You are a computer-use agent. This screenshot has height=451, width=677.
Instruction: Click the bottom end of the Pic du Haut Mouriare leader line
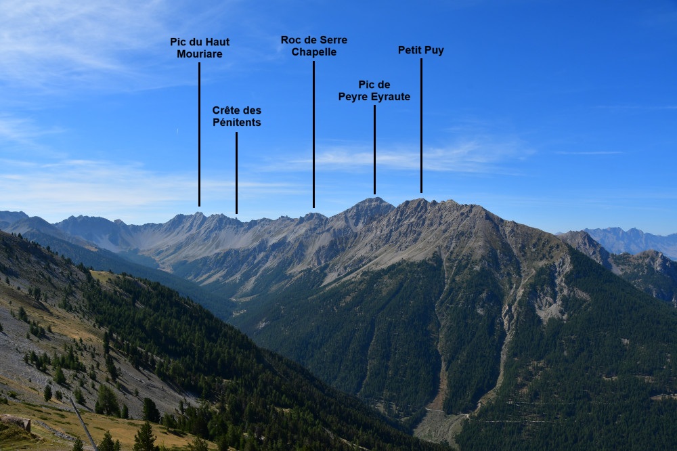[x=199, y=206]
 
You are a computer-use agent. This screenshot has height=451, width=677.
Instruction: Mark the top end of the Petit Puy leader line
[x=421, y=59]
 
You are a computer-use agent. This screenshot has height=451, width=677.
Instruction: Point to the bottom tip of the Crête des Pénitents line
[x=236, y=213]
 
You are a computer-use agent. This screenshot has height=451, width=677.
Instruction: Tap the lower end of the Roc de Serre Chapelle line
[x=313, y=207]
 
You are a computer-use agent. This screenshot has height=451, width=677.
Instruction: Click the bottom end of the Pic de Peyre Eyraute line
[x=374, y=194]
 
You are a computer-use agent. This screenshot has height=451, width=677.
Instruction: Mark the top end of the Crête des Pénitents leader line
[x=236, y=132]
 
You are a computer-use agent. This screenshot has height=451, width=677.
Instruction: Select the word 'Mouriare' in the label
[x=200, y=54]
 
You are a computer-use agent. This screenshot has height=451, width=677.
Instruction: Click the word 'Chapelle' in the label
[x=314, y=52]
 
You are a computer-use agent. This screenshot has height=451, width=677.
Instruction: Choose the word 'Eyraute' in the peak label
[x=391, y=97]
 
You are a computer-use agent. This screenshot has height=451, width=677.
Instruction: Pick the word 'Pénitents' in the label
[x=236, y=123]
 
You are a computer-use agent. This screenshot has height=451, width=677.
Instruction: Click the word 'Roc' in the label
[x=290, y=40]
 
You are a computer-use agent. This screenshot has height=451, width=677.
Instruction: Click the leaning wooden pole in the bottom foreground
[x=83, y=423]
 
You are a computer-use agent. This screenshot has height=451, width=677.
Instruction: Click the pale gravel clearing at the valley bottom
[x=436, y=425]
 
